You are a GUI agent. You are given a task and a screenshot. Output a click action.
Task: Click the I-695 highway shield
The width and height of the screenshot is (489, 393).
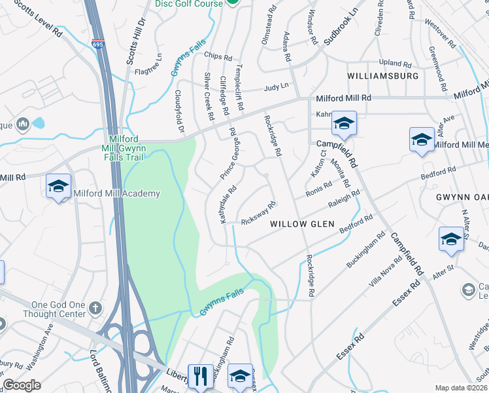click(98, 44)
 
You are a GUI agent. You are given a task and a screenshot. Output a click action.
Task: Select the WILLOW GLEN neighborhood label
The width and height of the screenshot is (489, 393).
click(302, 224)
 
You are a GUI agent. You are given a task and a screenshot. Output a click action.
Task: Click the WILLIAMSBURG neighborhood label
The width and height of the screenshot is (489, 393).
click(382, 76)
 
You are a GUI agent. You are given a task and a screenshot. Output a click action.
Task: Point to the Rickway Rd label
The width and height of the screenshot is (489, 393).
click(260, 212)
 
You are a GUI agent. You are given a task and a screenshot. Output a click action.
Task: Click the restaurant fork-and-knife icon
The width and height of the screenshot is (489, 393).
click(200, 376)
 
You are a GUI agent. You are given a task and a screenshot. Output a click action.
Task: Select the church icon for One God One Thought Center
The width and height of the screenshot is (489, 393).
click(95, 307)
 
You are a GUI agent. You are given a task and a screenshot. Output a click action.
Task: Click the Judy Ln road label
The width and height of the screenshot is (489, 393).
click(276, 87)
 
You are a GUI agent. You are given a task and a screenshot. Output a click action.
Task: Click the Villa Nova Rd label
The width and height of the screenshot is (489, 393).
click(384, 273)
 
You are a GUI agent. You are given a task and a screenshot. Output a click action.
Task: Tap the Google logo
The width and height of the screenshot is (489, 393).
click(22, 385)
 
